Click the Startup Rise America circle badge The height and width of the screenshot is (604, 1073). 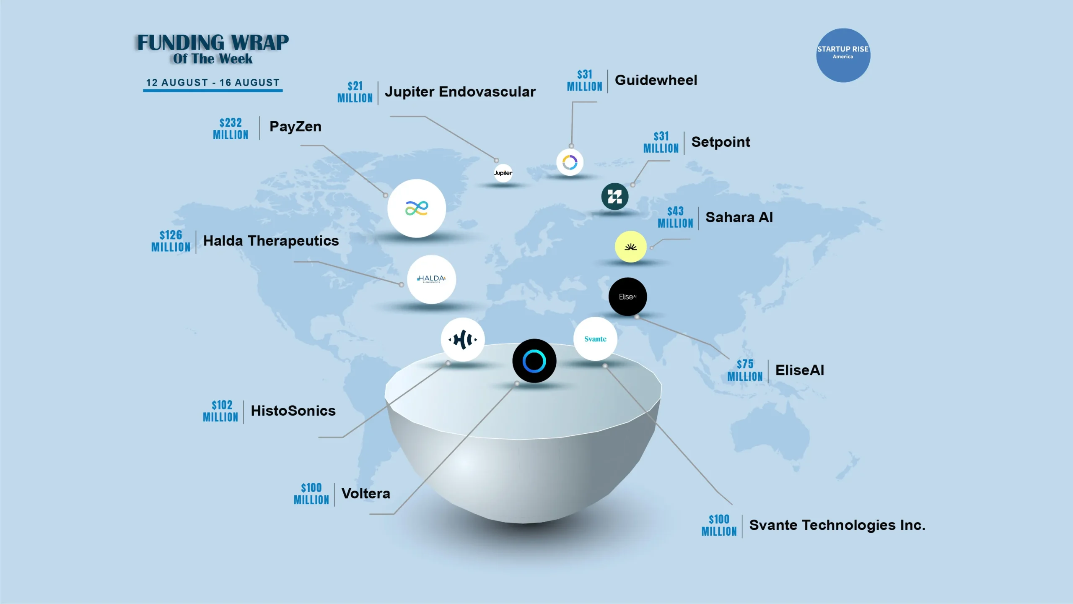[x=843, y=55]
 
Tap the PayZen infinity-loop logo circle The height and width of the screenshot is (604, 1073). [x=416, y=208]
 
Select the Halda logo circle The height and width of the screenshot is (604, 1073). [x=431, y=279]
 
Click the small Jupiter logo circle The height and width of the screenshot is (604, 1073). [x=503, y=173]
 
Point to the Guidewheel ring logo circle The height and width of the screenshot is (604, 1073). [x=570, y=162]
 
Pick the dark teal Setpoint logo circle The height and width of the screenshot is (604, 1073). [x=614, y=196]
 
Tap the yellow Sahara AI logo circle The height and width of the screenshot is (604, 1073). [x=630, y=247]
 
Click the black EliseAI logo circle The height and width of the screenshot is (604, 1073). [x=627, y=297]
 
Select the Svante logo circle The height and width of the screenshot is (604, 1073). [x=595, y=339]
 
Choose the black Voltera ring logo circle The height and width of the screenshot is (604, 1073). [x=534, y=361]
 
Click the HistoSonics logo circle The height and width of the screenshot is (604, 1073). [x=462, y=339]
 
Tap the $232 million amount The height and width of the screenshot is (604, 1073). [x=231, y=129]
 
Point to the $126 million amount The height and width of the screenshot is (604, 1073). [x=171, y=241]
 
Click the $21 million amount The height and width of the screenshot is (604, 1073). [x=355, y=92]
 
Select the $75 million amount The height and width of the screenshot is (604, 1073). [x=745, y=370]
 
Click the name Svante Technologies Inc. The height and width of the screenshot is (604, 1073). [x=837, y=525]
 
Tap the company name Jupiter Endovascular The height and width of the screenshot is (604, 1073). [x=460, y=92]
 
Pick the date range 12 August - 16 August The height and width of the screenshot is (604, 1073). [x=213, y=83]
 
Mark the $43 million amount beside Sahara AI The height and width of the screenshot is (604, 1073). [x=675, y=217]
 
